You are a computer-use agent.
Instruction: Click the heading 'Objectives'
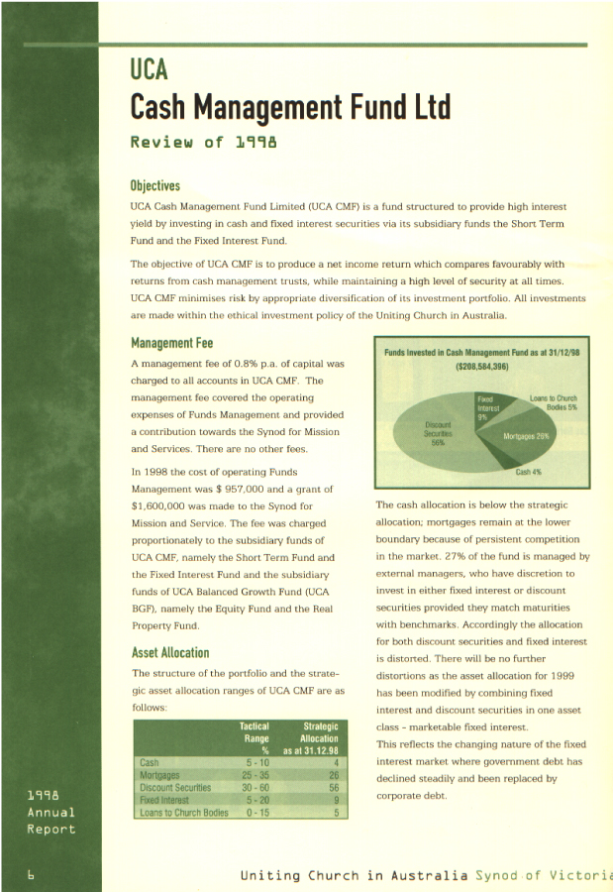155,185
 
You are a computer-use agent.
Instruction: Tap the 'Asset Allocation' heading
170,652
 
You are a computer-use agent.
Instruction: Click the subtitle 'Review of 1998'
203,142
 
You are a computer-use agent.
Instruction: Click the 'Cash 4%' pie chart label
529,472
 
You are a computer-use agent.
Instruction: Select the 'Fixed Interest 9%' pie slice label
488,407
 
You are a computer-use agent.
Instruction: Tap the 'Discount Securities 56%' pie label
437,432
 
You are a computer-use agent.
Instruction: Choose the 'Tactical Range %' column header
255,737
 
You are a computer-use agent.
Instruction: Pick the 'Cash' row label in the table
150,762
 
